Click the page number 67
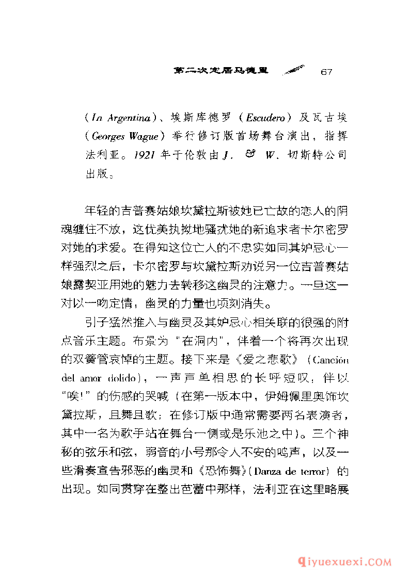(325, 71)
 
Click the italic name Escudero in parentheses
(264, 118)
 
